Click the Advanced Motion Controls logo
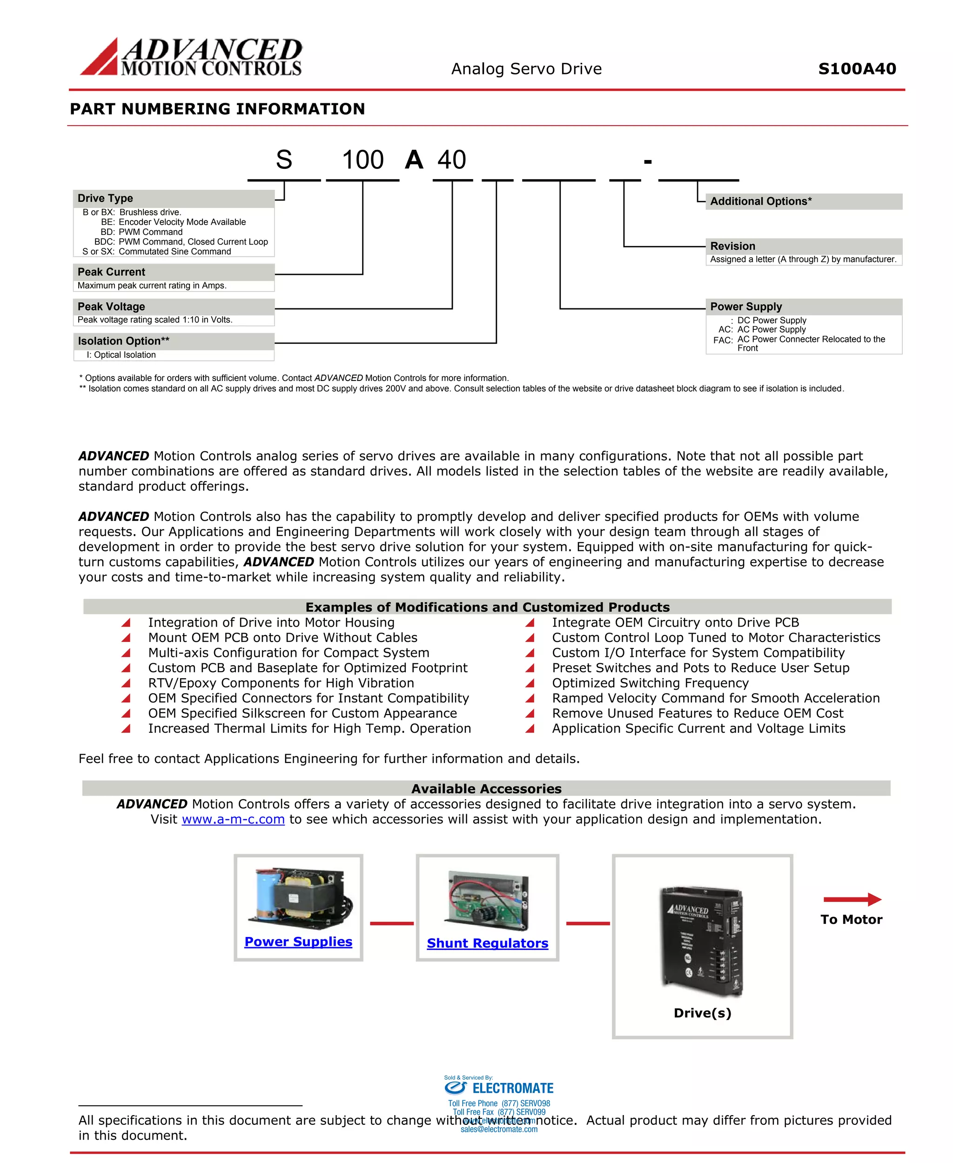click(191, 57)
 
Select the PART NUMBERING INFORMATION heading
click(217, 109)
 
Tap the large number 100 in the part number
click(362, 160)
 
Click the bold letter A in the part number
click(414, 160)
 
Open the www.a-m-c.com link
click(233, 819)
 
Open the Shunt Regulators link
click(488, 943)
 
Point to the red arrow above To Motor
click(852, 899)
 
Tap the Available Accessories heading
click(486, 789)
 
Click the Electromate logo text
click(512, 1088)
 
